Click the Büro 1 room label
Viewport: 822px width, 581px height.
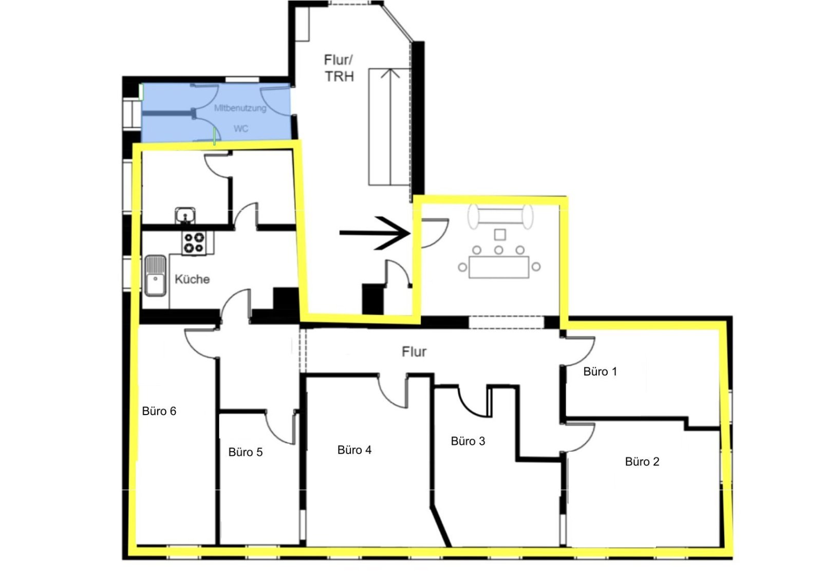tap(600, 371)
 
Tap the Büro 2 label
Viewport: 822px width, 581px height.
tap(642, 461)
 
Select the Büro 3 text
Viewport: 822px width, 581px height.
tap(468, 441)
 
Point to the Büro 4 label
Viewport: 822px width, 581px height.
tap(354, 450)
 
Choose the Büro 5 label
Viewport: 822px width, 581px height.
tap(246, 452)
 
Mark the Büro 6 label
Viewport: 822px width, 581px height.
tap(159, 411)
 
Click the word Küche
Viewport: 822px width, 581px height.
tap(192, 279)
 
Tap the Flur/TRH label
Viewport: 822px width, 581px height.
tap(339, 68)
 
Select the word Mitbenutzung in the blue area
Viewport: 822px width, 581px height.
tap(240, 108)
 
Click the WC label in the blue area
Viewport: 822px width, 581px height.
tap(241, 129)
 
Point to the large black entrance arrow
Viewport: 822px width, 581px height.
tap(375, 233)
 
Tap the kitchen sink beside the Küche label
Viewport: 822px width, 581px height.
tap(156, 276)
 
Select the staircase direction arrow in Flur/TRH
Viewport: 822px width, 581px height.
tap(390, 126)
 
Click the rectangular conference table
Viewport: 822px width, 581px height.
tap(499, 267)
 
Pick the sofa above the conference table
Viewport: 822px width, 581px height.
tap(500, 217)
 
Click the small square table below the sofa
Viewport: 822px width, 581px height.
tap(500, 235)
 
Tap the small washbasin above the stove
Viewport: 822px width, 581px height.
tap(185, 215)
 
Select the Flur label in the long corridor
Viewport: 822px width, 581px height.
tap(414, 351)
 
